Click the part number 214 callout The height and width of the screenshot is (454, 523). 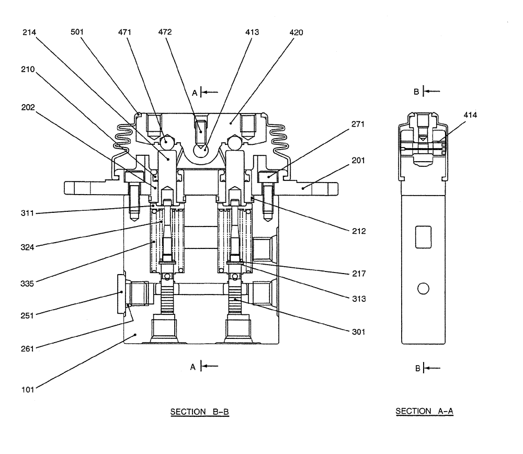click(x=30, y=32)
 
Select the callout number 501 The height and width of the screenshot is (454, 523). click(x=78, y=32)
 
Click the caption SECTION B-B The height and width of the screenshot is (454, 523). click(x=200, y=412)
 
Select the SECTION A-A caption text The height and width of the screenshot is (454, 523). click(x=424, y=412)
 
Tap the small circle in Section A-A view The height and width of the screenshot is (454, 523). click(x=424, y=288)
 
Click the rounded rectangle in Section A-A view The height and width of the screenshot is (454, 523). click(x=423, y=237)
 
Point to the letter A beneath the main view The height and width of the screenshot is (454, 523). click(x=192, y=367)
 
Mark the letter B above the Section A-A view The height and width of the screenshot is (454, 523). click(x=417, y=92)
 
